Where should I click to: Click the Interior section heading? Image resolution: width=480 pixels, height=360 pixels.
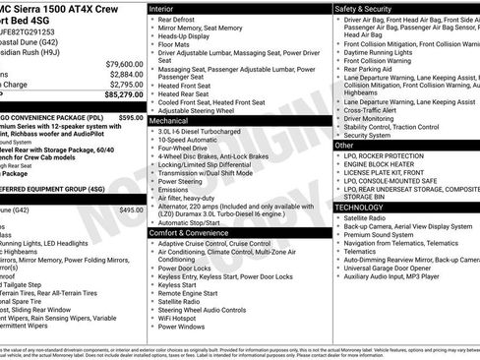pos(166,8)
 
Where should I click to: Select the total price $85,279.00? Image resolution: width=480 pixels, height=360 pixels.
pos(118,95)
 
